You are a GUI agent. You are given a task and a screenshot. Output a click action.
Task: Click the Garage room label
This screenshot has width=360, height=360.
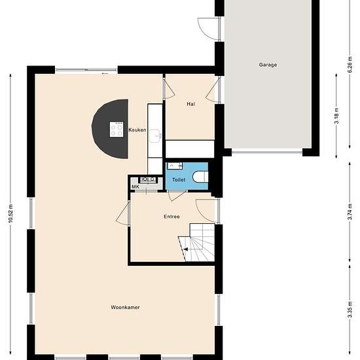click(x=267, y=65)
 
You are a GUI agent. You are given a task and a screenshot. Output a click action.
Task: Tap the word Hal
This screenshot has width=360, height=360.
click(x=190, y=104)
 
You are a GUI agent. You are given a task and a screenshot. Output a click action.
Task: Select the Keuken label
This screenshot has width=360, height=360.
click(x=137, y=130)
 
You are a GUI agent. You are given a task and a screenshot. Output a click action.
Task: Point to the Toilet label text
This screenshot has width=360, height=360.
click(x=178, y=179)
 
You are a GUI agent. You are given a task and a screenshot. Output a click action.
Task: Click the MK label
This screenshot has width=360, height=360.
click(x=135, y=187)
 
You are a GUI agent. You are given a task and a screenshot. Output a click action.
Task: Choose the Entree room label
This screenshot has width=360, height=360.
click(x=171, y=217)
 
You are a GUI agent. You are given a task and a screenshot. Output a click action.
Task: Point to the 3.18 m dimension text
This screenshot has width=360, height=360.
click(x=336, y=121)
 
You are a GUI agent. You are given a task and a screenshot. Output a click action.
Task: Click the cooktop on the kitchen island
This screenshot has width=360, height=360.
click(x=117, y=130)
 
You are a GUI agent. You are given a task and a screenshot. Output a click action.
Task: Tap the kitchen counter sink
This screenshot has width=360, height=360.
click(x=155, y=135)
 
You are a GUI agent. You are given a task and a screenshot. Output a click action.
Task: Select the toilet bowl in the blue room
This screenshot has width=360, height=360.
click(x=203, y=177)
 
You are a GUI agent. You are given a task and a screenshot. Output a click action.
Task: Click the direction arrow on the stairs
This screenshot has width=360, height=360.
click(x=185, y=249)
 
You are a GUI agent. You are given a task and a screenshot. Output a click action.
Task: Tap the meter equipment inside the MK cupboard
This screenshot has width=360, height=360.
click(x=147, y=179)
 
